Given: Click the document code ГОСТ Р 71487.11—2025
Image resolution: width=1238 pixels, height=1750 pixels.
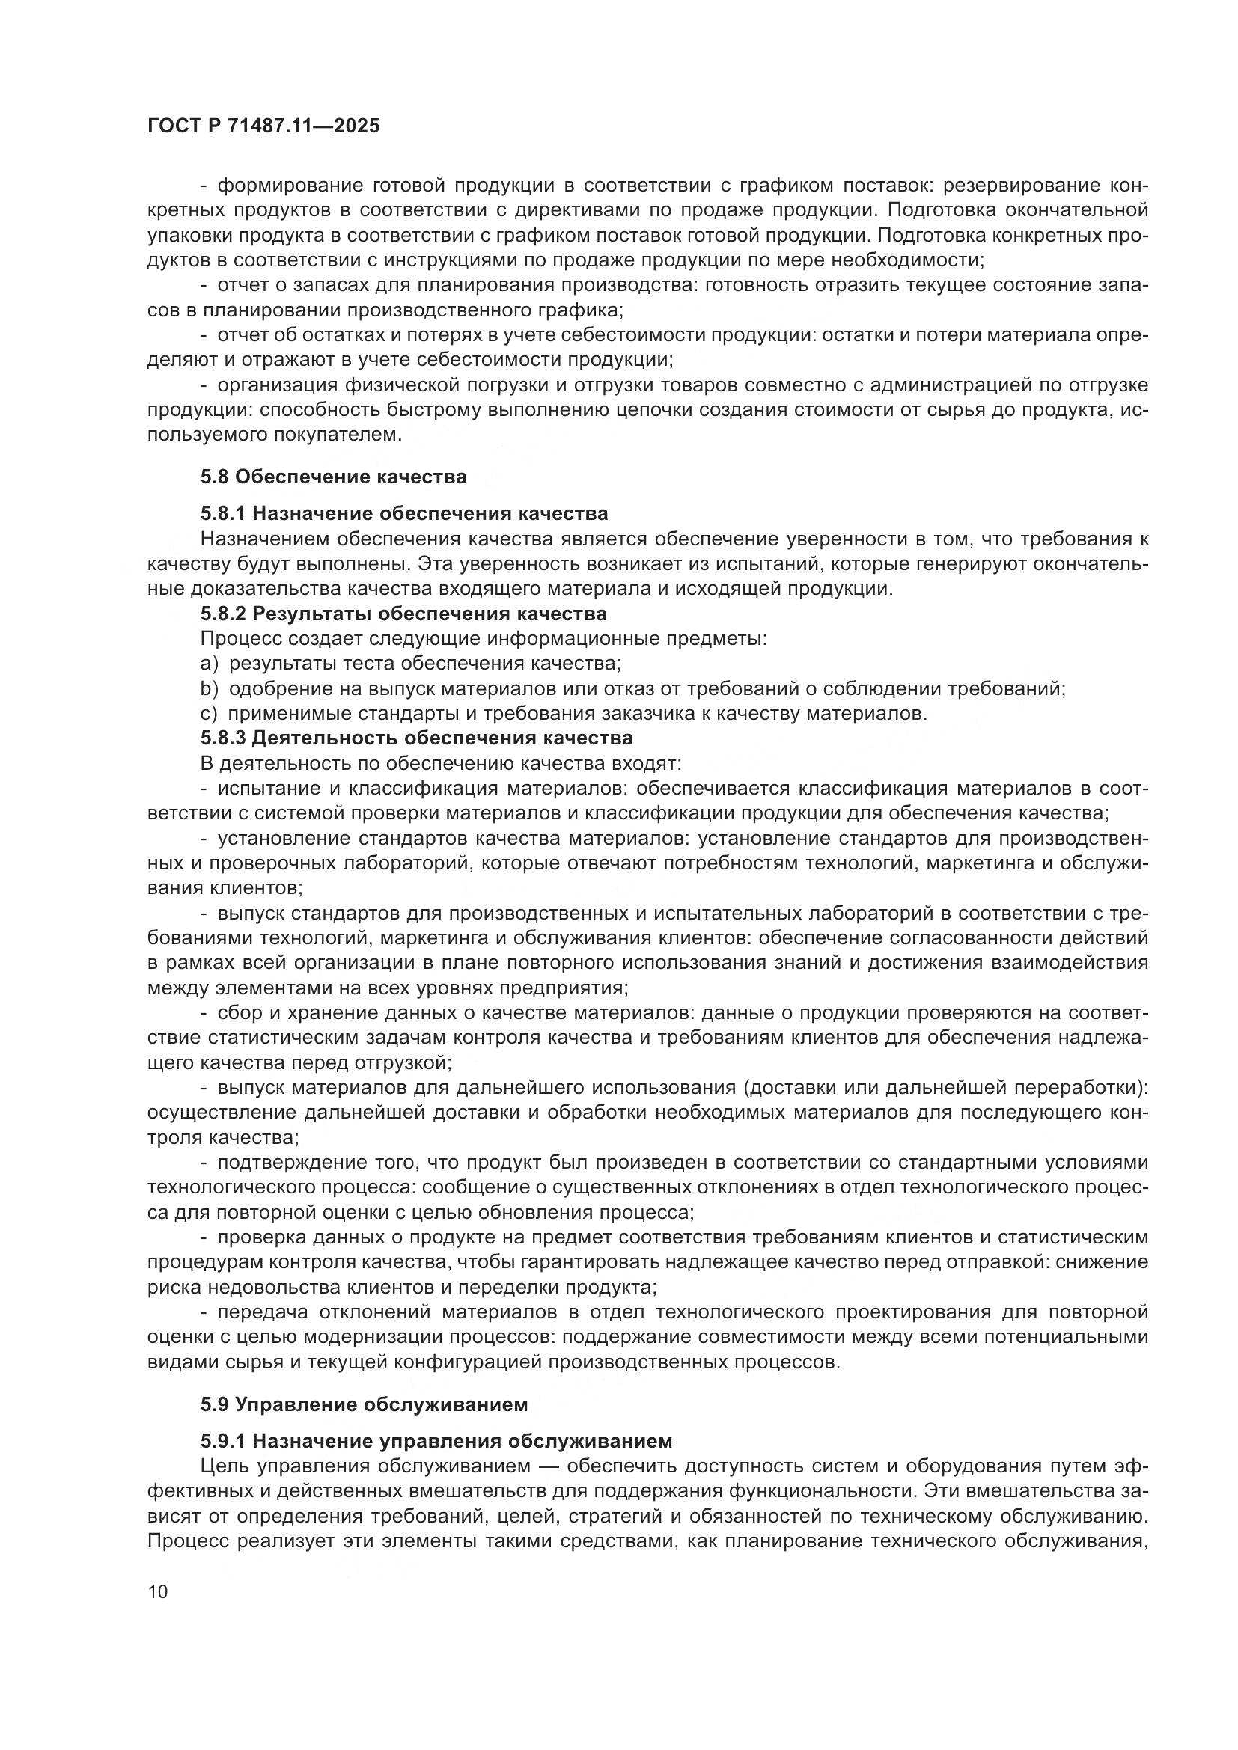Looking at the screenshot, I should (263, 126).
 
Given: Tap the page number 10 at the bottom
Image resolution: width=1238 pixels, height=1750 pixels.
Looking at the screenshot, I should (158, 1592).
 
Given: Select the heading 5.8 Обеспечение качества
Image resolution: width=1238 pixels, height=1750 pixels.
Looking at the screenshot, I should (333, 477).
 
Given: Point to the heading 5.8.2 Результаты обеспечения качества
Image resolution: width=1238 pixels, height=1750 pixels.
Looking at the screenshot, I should (403, 614).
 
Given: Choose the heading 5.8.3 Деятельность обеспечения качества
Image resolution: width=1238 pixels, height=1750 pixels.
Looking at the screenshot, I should (416, 738).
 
